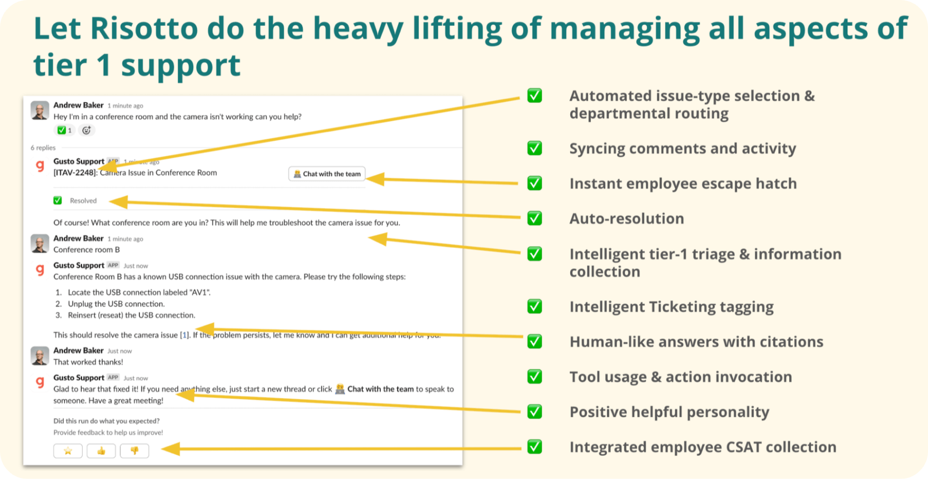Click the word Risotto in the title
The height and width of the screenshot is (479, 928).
(143, 28)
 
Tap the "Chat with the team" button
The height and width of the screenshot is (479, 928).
(327, 174)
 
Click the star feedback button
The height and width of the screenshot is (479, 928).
(68, 451)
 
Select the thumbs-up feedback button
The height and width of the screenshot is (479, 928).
(101, 451)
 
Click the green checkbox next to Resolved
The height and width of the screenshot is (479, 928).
(58, 201)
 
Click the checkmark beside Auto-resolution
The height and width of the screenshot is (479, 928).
(534, 218)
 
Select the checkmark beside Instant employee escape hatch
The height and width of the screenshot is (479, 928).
(534, 183)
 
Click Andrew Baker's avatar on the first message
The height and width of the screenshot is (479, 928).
(40, 110)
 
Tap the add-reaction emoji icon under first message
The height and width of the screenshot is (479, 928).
(86, 130)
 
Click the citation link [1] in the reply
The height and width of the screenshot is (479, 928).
(185, 335)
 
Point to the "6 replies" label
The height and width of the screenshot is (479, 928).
(43, 148)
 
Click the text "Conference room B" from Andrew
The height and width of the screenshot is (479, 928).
(86, 250)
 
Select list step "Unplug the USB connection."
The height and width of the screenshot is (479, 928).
(116, 304)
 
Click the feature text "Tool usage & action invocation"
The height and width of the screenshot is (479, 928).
(680, 377)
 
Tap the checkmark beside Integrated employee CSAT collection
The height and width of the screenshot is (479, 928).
(534, 446)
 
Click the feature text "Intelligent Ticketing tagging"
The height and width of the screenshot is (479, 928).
(671, 307)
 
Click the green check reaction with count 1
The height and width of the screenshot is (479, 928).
(64, 130)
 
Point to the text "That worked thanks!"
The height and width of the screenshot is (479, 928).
(88, 362)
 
